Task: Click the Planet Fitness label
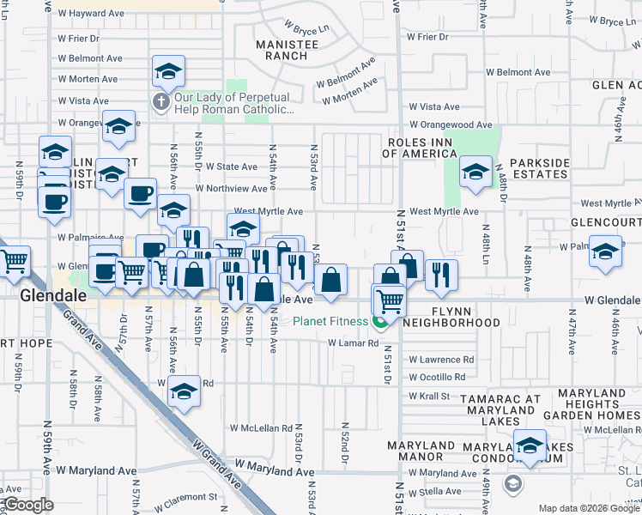[x=330, y=323]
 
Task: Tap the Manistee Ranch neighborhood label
[x=282, y=49]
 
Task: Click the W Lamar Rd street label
[x=353, y=343]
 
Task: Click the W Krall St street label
[x=429, y=396]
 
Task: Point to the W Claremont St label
[x=187, y=497]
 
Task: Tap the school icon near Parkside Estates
[x=475, y=172]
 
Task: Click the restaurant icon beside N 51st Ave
[x=440, y=274]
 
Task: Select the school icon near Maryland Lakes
[x=530, y=445]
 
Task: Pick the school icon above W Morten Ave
[x=169, y=71]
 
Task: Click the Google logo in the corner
[x=27, y=505]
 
